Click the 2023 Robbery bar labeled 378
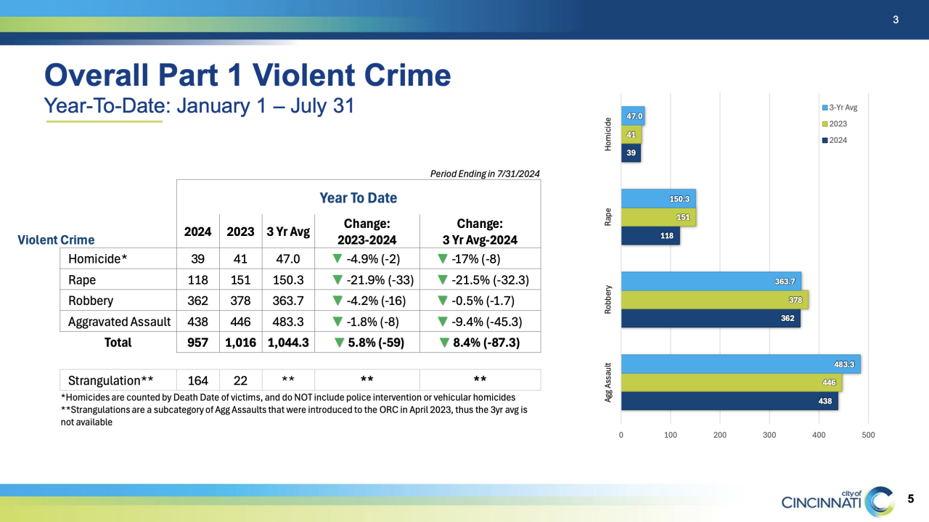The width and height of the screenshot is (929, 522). tap(714, 300)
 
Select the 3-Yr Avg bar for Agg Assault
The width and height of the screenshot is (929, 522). tap(740, 364)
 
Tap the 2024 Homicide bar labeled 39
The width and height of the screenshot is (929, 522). tap(631, 152)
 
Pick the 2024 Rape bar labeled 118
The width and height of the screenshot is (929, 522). tap(650, 235)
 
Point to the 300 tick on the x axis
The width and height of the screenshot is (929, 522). tap(769, 435)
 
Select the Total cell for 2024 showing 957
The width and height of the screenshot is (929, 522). tap(197, 342)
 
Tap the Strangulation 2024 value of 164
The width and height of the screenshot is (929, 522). tap(197, 380)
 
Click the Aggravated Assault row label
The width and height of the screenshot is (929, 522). tap(119, 321)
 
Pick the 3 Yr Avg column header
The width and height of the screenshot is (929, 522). tap(288, 232)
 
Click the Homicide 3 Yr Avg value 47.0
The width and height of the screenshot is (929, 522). tap(288, 259)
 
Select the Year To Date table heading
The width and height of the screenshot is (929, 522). tap(358, 197)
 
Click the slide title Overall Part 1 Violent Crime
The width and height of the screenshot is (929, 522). tap(247, 75)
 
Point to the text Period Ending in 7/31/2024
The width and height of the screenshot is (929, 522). tap(485, 174)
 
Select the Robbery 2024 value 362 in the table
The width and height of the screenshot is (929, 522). tap(197, 301)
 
